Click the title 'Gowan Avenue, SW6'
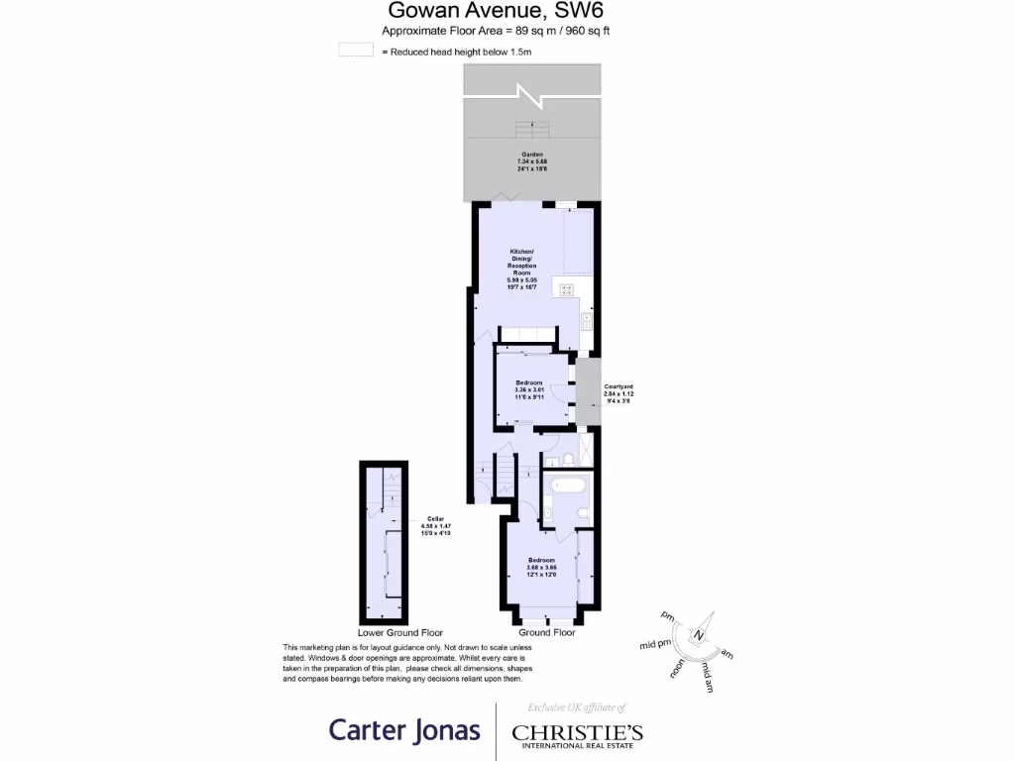[x=496, y=11]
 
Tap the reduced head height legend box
[x=355, y=51]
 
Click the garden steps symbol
[x=532, y=129]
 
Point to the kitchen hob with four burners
[x=567, y=289]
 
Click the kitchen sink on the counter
[x=586, y=321]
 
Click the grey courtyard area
[x=588, y=392]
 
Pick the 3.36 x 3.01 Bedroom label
[x=528, y=390]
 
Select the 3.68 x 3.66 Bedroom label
[x=541, y=568]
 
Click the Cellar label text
[x=436, y=525]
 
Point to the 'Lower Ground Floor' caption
[x=400, y=632]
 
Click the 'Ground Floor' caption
[x=546, y=632]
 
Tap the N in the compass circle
[x=699, y=634]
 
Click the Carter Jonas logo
[x=404, y=731]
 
